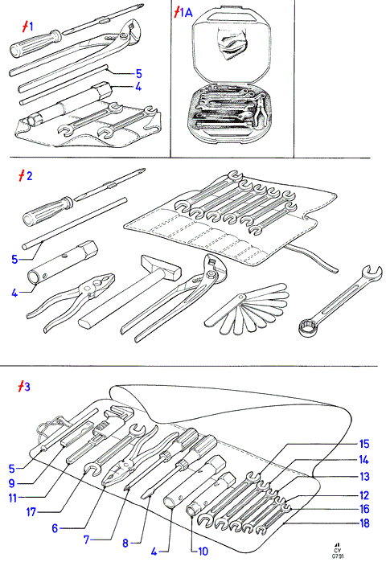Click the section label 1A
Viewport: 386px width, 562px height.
[183, 13]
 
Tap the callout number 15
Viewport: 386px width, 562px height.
[364, 444]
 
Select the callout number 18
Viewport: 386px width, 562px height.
[364, 523]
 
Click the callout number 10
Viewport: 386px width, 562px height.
[203, 552]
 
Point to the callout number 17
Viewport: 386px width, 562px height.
[31, 512]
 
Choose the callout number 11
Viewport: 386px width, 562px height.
[13, 498]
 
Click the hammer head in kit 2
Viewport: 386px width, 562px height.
[162, 268]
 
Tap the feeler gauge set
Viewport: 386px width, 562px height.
[248, 309]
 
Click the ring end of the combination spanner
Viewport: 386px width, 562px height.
[309, 328]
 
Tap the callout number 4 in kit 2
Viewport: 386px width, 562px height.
[14, 293]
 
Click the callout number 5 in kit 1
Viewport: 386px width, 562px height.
[138, 74]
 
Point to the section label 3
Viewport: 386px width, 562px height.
[24, 387]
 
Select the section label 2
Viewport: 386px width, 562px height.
[26, 175]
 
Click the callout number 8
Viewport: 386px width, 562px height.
[125, 543]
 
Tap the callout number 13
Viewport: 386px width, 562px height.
[364, 477]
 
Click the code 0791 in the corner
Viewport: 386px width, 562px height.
[337, 556]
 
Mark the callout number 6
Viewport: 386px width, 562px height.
[55, 528]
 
